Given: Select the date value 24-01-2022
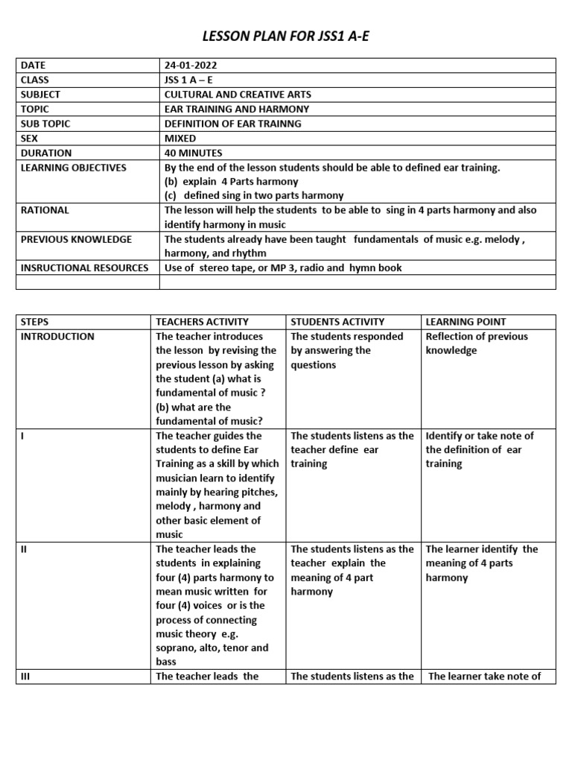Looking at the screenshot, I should pyautogui.click(x=191, y=66).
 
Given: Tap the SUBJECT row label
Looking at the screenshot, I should pyautogui.click(x=40, y=95).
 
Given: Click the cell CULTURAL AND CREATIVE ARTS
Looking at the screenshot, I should pyautogui.click(x=238, y=95).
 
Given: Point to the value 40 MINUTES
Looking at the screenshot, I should pyautogui.click(x=193, y=153).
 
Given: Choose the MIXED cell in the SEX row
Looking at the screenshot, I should pyautogui.click(x=180, y=138).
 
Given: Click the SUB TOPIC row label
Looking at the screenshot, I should pyautogui.click(x=45, y=124).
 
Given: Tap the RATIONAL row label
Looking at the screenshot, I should pyautogui.click(x=45, y=210).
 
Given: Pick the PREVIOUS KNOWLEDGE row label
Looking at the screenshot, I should pyautogui.click(x=76, y=239).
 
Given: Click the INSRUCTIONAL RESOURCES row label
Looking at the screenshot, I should pyautogui.click(x=84, y=267).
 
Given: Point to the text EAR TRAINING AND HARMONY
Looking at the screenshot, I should pyautogui.click(x=236, y=109).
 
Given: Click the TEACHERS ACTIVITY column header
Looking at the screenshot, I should pyautogui.click(x=202, y=322).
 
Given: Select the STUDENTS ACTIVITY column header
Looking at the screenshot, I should pyautogui.click(x=337, y=322).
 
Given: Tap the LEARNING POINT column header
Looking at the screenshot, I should pyautogui.click(x=465, y=322).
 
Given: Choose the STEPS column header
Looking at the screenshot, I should pyautogui.click(x=34, y=322).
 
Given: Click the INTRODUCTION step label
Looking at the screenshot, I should pyautogui.click(x=57, y=336).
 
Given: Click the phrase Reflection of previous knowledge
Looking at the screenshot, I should pyautogui.click(x=476, y=343).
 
